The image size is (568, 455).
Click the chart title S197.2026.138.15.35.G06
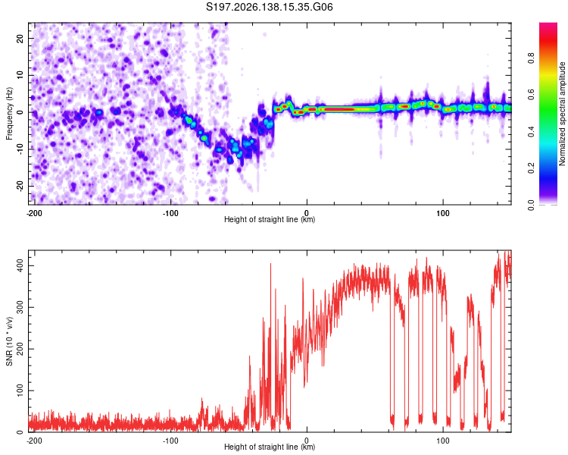[269, 7]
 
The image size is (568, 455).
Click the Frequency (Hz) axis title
[9, 114]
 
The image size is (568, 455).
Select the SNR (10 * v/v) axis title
[9, 341]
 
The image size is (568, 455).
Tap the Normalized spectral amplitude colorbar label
[562, 114]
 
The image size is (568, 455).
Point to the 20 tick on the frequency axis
[20, 38]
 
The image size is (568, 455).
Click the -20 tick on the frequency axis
[20, 186]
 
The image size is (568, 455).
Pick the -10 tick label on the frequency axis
[20, 149]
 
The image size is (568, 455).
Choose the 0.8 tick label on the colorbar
[531, 58]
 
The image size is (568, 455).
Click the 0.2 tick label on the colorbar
[531, 168]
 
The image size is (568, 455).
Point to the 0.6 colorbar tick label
[531, 95]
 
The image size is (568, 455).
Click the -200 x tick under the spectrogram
[34, 213]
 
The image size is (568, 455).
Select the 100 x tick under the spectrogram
[443, 213]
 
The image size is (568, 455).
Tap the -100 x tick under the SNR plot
[170, 441]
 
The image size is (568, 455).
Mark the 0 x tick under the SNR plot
[307, 441]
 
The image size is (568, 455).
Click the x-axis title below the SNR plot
[270, 447]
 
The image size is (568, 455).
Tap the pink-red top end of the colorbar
[548, 25]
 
